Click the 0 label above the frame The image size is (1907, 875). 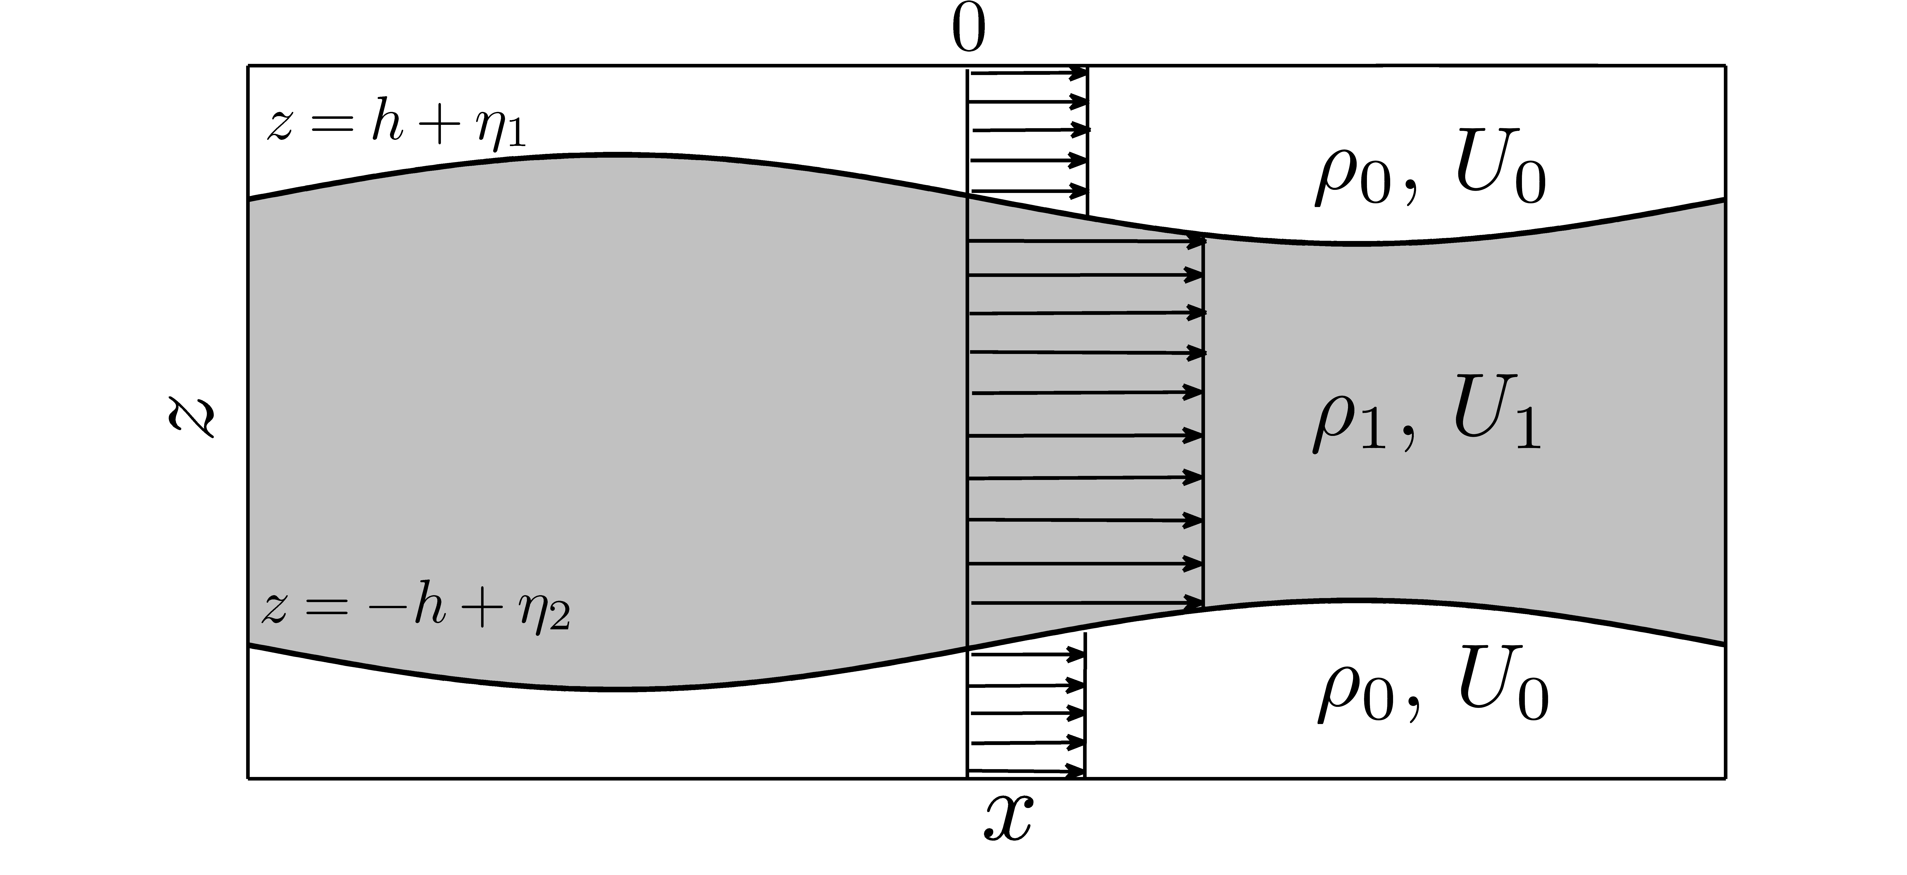[x=968, y=31]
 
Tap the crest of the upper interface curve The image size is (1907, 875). [x=614, y=155]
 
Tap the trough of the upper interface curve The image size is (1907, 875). [x=1362, y=243]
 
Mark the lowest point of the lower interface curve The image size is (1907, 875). [x=622, y=689]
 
